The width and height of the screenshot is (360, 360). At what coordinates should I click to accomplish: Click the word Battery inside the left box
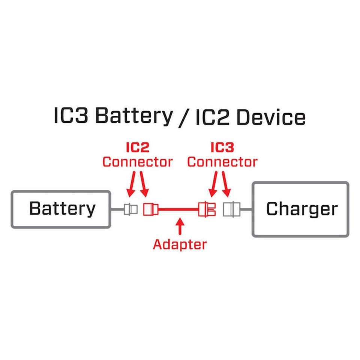[x=62, y=208]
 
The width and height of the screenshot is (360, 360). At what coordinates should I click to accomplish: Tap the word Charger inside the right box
[x=301, y=209]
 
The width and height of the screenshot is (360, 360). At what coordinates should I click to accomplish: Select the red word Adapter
[x=180, y=244]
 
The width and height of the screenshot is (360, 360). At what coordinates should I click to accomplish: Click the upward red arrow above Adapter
[x=180, y=226]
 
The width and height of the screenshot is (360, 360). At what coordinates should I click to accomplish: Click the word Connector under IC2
[x=137, y=162]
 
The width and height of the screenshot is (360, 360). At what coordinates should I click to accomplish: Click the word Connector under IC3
[x=222, y=162]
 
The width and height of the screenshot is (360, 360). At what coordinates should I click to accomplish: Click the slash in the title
[x=183, y=117]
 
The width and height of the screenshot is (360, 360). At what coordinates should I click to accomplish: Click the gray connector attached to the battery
[x=130, y=209]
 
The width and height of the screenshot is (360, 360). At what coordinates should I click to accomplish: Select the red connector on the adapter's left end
[x=150, y=209]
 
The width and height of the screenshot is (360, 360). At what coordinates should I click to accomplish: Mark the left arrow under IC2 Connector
[x=131, y=184]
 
